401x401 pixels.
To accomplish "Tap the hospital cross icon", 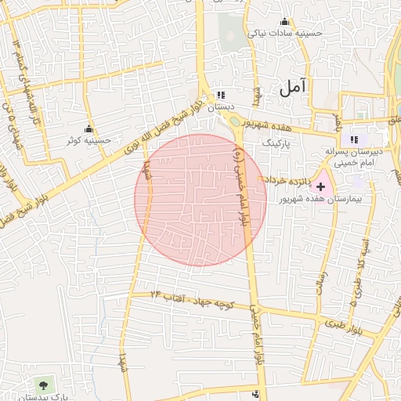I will [320, 186].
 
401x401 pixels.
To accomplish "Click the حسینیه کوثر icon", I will [89, 128].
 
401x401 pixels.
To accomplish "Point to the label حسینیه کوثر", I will [88, 140].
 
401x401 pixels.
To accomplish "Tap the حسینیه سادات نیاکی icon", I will [284, 21].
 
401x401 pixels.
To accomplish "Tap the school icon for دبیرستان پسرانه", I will [355, 139].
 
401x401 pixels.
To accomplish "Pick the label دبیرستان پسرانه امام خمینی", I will [355, 157].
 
